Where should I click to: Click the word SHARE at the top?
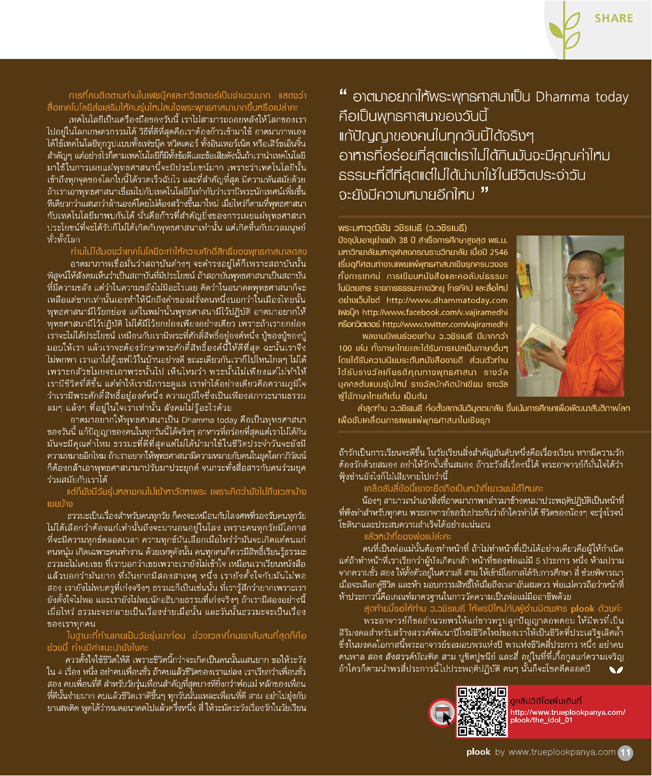[x=614, y=19]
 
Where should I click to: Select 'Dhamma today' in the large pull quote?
[x=582, y=97]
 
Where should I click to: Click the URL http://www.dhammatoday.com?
[x=447, y=300]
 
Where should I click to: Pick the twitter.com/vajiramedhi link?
[x=445, y=324]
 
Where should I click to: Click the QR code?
[x=482, y=711]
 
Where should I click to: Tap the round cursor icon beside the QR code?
[x=442, y=713]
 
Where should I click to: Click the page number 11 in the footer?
[x=625, y=752]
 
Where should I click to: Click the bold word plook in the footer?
[x=478, y=752]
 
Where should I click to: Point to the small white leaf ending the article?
[x=616, y=669]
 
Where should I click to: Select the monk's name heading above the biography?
[x=402, y=228]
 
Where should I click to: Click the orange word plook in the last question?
[x=582, y=608]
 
